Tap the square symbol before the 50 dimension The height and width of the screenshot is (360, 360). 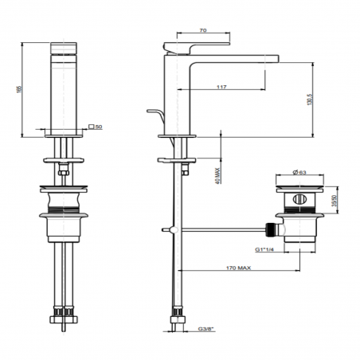click(x=92, y=126)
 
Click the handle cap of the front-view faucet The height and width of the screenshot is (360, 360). click(x=64, y=50)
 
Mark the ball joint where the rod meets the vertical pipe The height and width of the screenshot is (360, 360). click(x=169, y=229)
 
